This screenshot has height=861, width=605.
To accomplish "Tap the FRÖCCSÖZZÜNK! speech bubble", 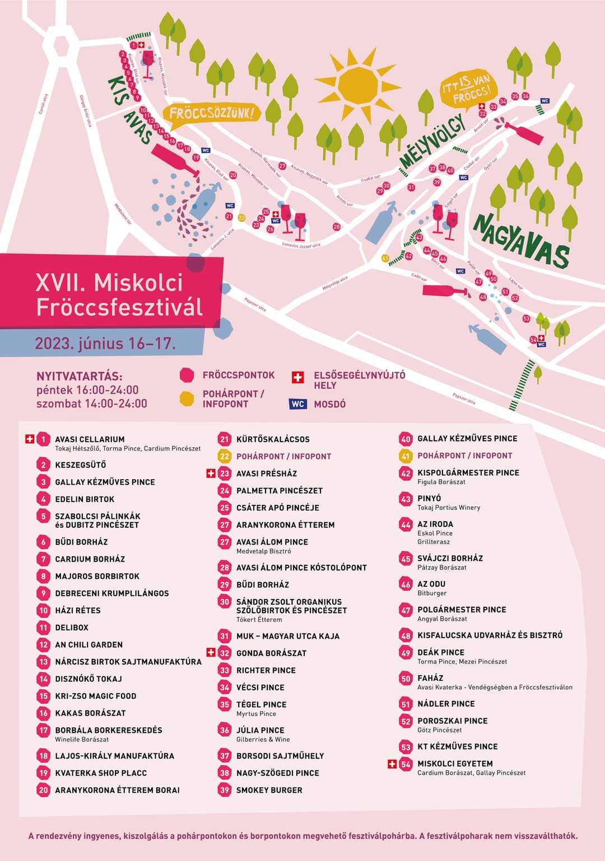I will coord(213,113).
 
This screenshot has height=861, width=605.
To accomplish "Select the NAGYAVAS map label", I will coord(521,241).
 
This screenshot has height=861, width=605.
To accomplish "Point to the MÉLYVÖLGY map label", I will coord(432,141).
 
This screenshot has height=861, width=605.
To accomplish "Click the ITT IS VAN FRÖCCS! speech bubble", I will coord(469,90).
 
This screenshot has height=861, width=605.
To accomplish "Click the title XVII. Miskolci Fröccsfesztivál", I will coord(119,294).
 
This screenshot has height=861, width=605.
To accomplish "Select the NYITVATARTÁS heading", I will coord(79,376).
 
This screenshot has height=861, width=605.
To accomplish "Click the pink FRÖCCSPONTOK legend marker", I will coord(187,376).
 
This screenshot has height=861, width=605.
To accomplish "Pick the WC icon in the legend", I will coord(298,404).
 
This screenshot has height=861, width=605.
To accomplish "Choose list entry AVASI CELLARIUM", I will coord(90,439).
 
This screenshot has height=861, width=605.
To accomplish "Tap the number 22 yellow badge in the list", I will coord(225,456).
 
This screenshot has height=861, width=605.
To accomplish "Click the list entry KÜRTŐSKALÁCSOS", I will coord(273,439).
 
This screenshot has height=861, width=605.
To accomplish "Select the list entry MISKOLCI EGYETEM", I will coord(455,764).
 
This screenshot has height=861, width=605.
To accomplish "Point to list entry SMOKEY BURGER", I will coord(269,790).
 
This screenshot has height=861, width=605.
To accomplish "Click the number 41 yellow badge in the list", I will coord(406,456).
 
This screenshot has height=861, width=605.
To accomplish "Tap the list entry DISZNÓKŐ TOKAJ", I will coord(89,679).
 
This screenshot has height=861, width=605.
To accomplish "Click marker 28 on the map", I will coord(337,227).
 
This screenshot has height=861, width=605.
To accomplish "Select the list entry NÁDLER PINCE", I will coord(446,704).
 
